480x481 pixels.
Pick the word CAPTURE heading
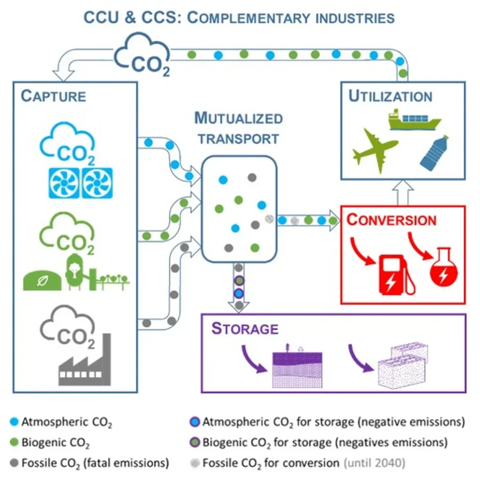54,96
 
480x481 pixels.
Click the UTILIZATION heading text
390,96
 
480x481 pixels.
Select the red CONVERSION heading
392,220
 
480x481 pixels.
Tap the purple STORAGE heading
245,328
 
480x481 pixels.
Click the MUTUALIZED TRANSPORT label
239,128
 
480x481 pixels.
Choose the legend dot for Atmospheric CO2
14,422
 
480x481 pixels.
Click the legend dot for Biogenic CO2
14,442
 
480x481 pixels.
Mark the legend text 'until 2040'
374,463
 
